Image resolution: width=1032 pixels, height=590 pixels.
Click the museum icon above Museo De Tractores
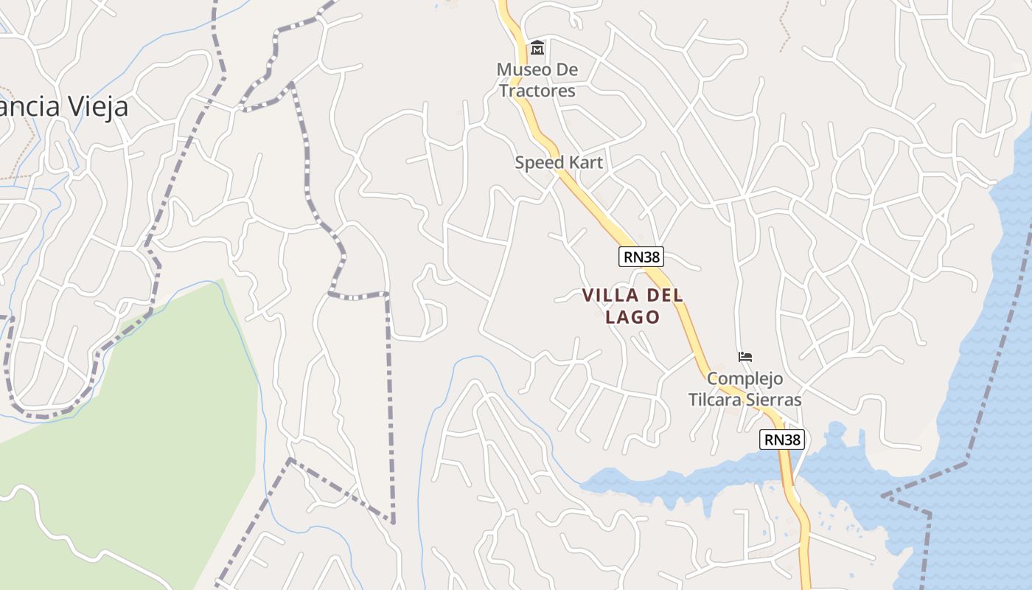[x=537, y=49]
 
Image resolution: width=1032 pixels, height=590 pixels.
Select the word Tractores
[x=537, y=91]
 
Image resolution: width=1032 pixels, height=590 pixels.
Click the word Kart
[x=586, y=162]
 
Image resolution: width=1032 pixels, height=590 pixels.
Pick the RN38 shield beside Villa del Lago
[x=641, y=257]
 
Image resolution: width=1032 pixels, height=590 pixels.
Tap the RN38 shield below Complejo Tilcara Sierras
[x=782, y=440]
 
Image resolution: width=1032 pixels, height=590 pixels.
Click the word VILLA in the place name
[x=610, y=296]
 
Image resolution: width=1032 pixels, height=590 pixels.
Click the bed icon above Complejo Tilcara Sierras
[x=745, y=358]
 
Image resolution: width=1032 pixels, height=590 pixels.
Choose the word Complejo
[x=745, y=379]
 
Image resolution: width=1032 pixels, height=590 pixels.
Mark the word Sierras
[x=774, y=400]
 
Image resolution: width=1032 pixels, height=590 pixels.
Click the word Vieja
[x=98, y=107]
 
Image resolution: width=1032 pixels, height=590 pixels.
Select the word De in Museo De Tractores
[x=568, y=70]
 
